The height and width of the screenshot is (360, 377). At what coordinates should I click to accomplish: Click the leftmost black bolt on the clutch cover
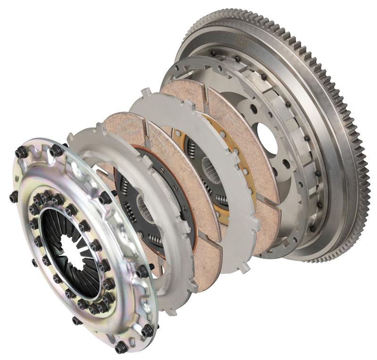pyautogui.click(x=14, y=196)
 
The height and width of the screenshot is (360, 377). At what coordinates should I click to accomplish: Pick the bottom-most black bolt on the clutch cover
pyautogui.click(x=121, y=347)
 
